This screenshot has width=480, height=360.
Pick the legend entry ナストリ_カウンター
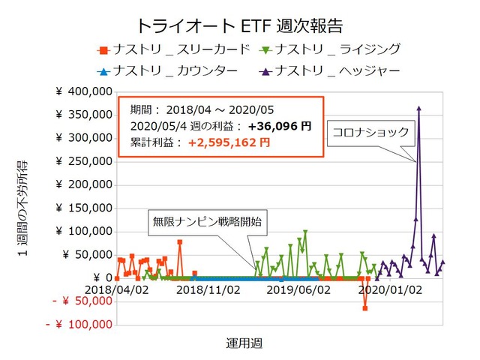click(173, 70)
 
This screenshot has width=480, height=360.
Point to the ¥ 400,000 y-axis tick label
click(83, 92)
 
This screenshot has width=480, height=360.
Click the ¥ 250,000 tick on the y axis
click(83, 162)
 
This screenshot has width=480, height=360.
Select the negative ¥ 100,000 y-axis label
click(78, 325)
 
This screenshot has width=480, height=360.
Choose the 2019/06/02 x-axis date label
click(298, 289)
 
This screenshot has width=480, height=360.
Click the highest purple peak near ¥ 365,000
click(418, 108)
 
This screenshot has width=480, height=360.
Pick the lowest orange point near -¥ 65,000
click(365, 308)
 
